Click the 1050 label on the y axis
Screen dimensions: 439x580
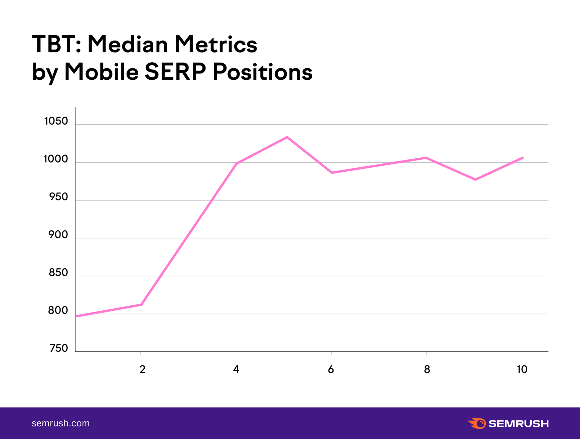coord(56,121)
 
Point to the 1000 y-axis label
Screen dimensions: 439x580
coord(56,159)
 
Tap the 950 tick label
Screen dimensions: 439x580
coord(58,197)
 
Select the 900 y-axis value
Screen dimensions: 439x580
coord(58,235)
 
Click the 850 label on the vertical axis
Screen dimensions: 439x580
coord(58,273)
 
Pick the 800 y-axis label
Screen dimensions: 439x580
coord(58,310)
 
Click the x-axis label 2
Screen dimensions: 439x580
coord(142,369)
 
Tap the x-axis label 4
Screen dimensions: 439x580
coord(236,369)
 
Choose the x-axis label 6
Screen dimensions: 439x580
coord(331,369)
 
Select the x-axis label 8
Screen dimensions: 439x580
coord(427,369)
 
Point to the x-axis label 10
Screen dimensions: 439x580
coord(522,369)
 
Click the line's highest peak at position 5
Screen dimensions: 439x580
coord(287,137)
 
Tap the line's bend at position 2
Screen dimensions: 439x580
coord(141,305)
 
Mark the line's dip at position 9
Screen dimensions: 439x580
coord(475,180)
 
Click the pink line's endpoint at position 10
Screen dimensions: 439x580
coord(522,158)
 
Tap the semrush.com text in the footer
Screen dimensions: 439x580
coord(61,423)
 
